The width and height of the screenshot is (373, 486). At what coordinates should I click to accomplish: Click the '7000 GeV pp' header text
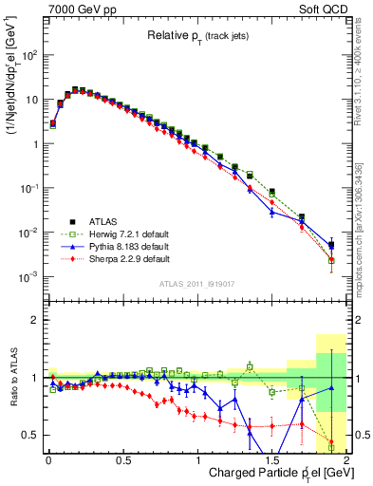[x=79, y=9]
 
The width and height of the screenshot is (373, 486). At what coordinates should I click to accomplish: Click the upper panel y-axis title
[x=13, y=84]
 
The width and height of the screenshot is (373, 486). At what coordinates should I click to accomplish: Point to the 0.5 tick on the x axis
[x=122, y=459]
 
